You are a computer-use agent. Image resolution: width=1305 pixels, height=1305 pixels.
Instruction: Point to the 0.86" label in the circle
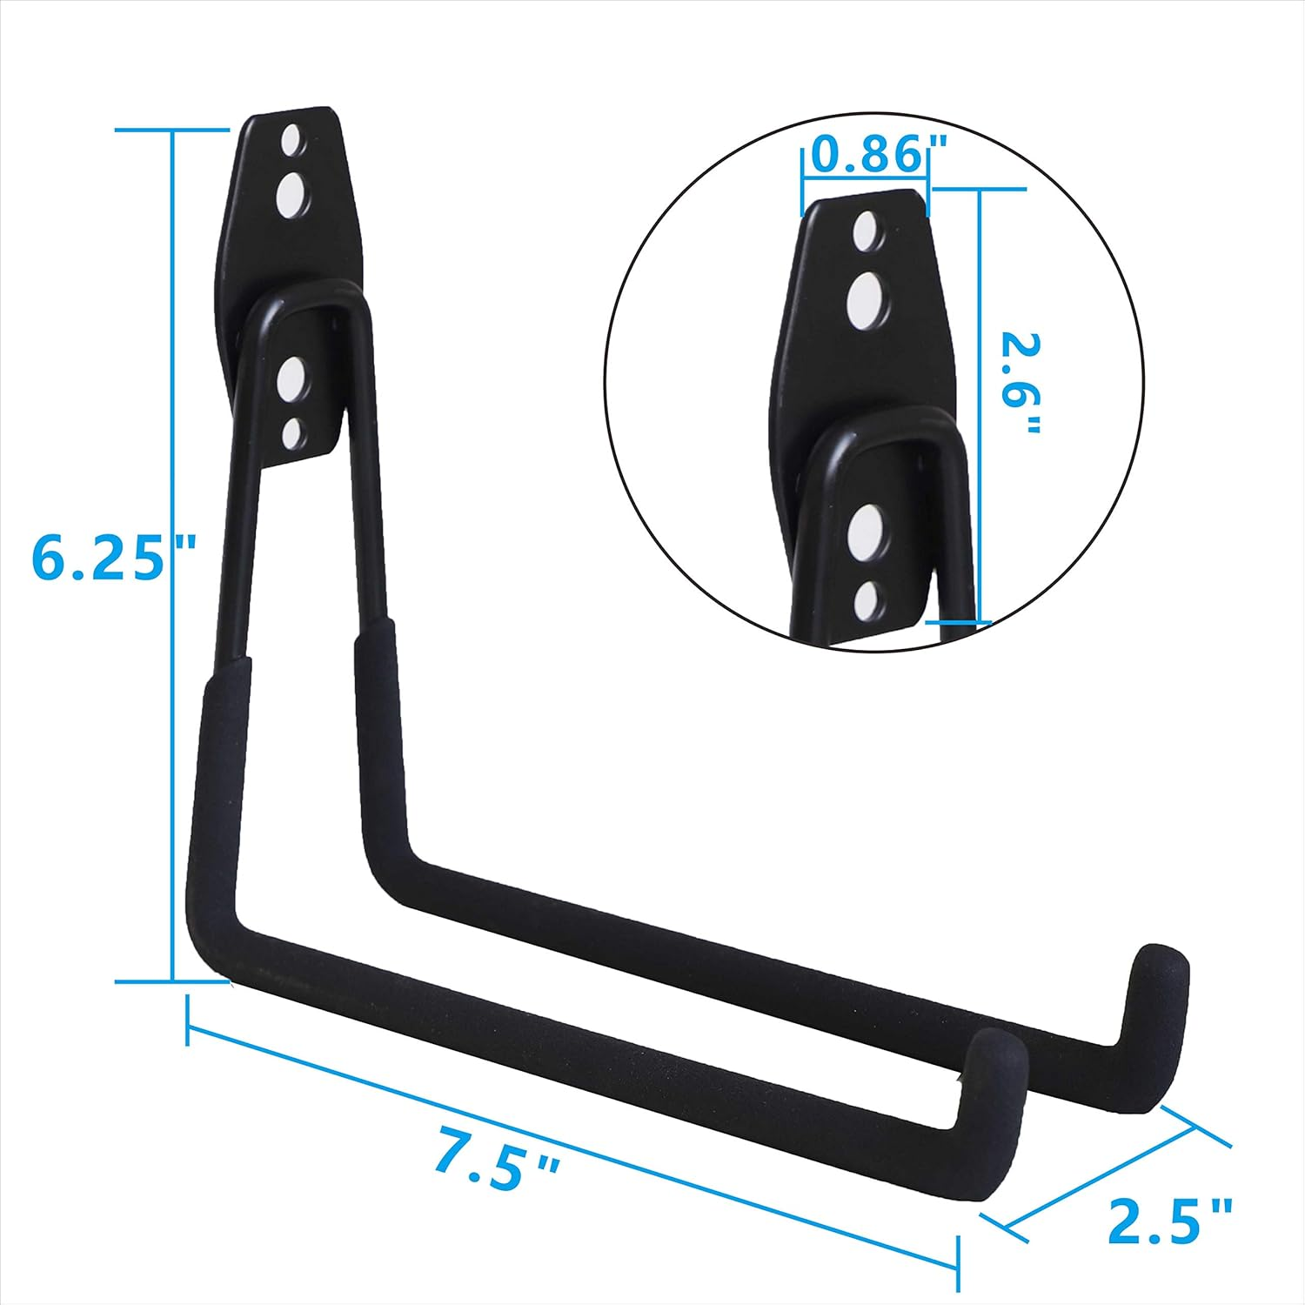pos(865,156)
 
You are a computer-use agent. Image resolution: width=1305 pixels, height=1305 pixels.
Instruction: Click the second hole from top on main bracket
pos(290,194)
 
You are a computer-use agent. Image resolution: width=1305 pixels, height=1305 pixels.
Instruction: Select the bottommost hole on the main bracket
pos(292,432)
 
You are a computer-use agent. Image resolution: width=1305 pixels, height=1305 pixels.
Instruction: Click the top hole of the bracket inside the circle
pos(865,231)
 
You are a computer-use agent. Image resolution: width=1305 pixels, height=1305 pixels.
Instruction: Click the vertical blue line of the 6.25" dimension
pos(173,557)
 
